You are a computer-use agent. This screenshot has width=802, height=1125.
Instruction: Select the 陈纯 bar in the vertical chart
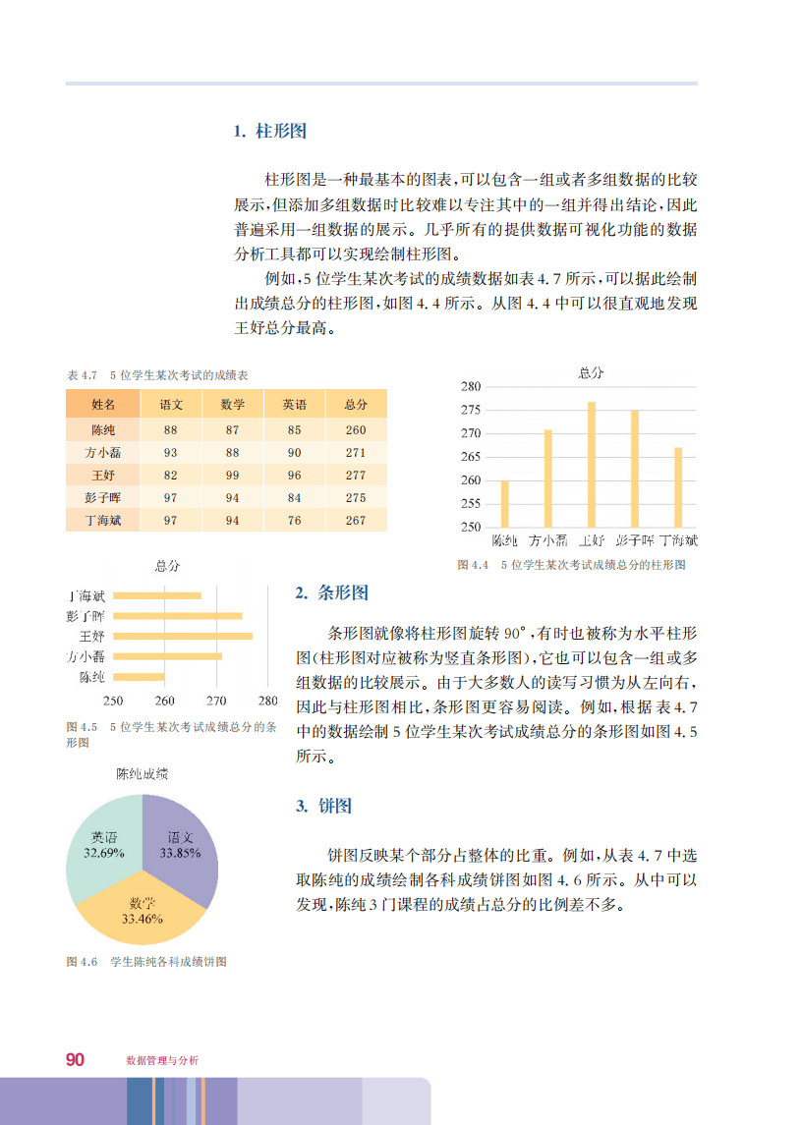coord(505,503)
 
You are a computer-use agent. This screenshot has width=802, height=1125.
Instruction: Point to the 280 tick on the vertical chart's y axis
coord(471,386)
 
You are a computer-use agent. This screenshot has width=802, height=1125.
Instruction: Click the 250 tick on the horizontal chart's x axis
coord(113,701)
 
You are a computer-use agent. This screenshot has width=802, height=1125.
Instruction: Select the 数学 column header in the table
coord(233,404)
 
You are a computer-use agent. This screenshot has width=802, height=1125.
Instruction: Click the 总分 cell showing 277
coord(356,475)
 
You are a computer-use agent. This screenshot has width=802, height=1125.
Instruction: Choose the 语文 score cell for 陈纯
coord(171,430)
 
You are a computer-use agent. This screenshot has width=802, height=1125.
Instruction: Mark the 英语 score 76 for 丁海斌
coord(294,520)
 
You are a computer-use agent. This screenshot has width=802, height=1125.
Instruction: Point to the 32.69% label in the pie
coord(104,853)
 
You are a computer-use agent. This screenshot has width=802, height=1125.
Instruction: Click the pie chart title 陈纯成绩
coord(142,774)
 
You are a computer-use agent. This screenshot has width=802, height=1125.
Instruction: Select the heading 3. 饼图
coord(323,807)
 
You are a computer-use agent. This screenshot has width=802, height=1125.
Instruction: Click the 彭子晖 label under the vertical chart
coord(635,540)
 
